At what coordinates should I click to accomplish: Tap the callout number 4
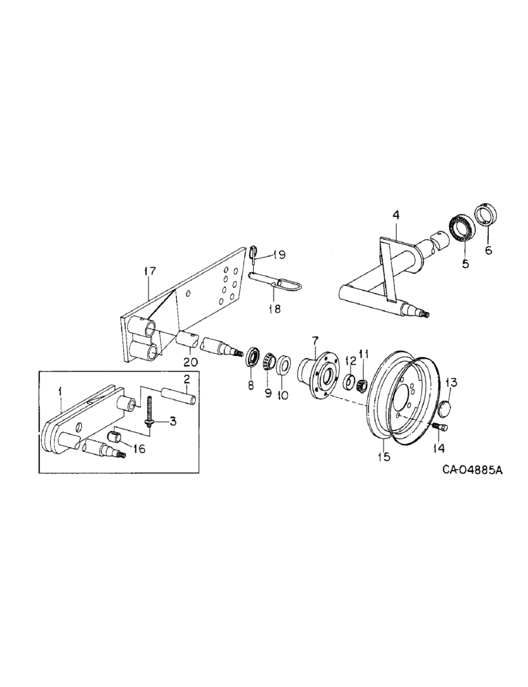tap(396, 216)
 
